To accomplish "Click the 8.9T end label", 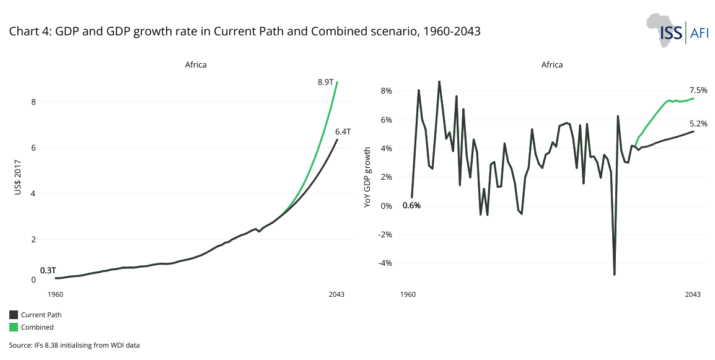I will coord(326,82).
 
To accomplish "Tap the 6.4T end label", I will coord(343,131).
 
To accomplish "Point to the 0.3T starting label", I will coord(48,271).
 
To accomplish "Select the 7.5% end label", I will coord(698,90).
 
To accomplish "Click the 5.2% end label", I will coord(698,123).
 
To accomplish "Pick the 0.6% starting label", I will coord(411,205).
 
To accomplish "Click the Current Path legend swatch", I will coord(14,315).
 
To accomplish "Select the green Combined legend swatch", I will coord(14,327).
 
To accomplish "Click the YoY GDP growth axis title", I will coord(367,177).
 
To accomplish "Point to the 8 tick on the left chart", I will coord(34,102).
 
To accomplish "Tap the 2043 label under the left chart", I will coord(336,294).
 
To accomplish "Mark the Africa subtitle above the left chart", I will coord(196,64).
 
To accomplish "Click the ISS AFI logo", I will coord(676,29).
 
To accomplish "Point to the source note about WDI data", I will coord(74,345).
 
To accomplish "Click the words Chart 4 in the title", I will coord(29,32).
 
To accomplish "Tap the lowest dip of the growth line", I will coord(615,274).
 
